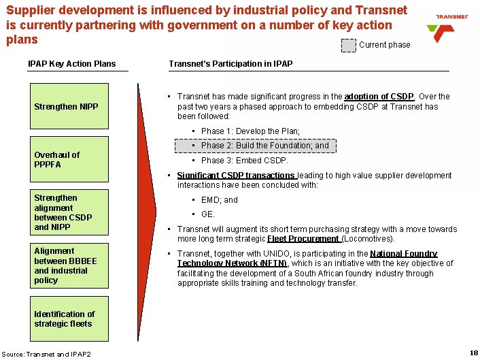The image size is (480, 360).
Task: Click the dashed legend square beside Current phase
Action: pyautogui.click(x=348, y=45)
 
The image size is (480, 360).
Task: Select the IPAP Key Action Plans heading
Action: pyautogui.click(x=71, y=64)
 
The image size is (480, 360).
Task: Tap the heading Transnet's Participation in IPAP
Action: pyautogui.click(x=230, y=64)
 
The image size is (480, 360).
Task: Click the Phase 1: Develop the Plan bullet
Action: pyautogui.click(x=250, y=131)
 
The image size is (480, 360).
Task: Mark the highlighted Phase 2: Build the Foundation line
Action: pyautogui.click(x=264, y=146)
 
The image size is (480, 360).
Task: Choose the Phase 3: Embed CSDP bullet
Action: pyautogui.click(x=245, y=161)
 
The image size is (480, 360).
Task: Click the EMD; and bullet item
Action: pyautogui.click(x=219, y=200)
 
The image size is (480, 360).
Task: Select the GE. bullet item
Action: pyautogui.click(x=208, y=214)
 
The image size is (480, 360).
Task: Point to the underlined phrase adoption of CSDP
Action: pyautogui.click(x=379, y=97)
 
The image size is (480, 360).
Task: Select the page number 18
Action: pyautogui.click(x=473, y=353)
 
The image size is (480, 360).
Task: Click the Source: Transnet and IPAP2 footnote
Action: pyautogui.click(x=46, y=353)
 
